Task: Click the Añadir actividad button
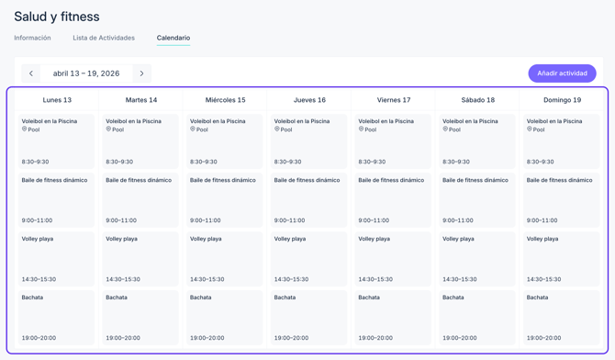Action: pos(562,73)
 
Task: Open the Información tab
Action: pos(32,38)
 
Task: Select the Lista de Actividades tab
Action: pos(104,38)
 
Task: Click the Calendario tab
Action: pos(173,38)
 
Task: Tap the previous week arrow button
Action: pos(31,73)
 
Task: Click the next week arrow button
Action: pos(141,73)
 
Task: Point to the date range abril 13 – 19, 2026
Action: pos(86,73)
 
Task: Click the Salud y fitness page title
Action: pos(57,17)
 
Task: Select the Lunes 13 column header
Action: pos(57,100)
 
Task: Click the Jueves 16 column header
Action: pos(309,100)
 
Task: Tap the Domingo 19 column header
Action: pos(562,100)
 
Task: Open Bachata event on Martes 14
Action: pos(140,317)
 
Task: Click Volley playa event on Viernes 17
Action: pos(393,258)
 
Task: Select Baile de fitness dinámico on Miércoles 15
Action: pos(225,199)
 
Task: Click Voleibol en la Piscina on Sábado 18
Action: pos(477,141)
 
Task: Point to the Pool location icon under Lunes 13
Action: pos(25,129)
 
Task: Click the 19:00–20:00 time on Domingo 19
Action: pos(543,338)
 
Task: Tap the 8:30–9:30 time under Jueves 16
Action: pos(287,162)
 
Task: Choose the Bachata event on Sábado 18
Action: pos(477,317)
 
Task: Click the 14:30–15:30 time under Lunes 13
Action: pos(39,279)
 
